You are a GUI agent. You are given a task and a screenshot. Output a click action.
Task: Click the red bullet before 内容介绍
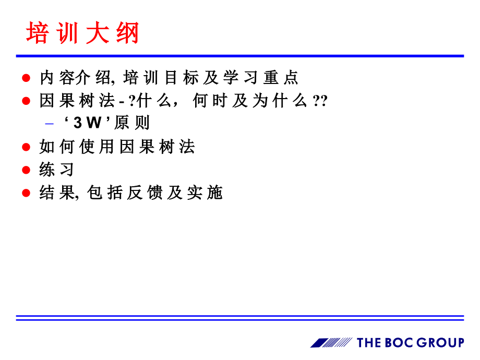coord(26,78)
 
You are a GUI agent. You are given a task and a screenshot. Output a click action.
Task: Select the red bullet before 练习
coord(26,170)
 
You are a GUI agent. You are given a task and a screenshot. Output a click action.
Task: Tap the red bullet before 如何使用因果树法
coord(26,148)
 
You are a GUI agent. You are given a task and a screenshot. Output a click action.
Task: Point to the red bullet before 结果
coord(26,193)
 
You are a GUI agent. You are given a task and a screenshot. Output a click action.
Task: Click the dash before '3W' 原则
coord(50,124)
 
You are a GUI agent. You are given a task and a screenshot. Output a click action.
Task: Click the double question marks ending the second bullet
coord(319,101)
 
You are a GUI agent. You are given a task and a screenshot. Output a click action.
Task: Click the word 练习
coord(57,170)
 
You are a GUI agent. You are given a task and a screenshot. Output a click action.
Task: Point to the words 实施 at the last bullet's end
coord(205,193)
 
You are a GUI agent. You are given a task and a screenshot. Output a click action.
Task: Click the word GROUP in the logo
coord(439,343)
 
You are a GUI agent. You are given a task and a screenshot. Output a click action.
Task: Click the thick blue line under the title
coord(240,56)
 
